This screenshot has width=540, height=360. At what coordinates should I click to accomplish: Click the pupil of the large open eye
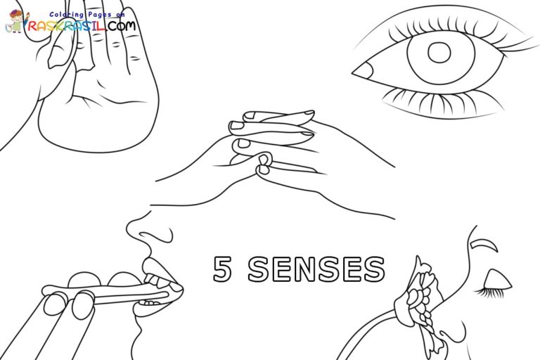439,53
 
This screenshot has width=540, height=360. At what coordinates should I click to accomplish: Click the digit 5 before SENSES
223,269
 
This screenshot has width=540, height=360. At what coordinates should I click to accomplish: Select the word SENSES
317,269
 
